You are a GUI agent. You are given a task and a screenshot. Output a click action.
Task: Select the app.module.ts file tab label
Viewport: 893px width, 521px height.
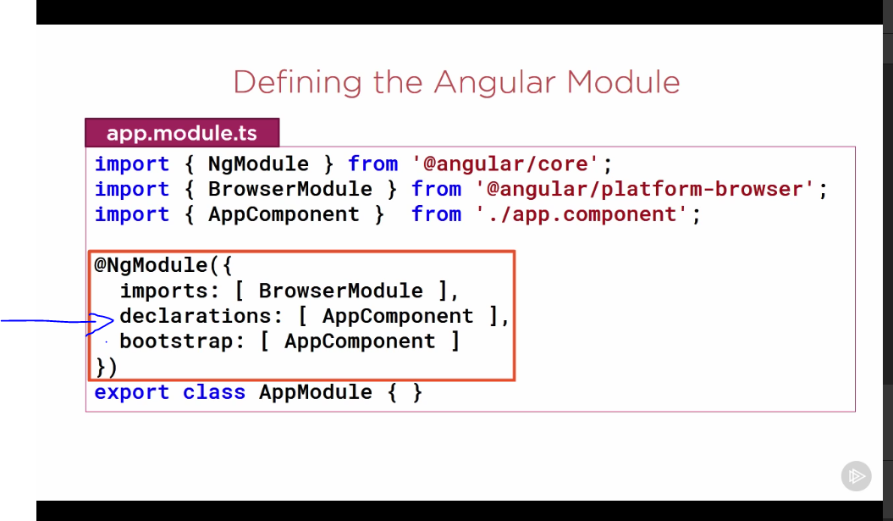click(x=182, y=134)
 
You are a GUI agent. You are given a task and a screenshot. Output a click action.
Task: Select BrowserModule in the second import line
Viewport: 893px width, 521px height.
click(x=289, y=189)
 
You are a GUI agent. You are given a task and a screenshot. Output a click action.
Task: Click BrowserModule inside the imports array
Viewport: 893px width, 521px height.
click(x=340, y=291)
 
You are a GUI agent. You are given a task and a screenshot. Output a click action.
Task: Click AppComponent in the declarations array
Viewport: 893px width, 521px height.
click(x=398, y=316)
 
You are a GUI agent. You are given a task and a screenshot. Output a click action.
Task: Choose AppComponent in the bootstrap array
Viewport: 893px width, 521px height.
click(x=360, y=341)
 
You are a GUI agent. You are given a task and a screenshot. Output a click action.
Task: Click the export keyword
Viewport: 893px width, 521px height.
click(x=132, y=392)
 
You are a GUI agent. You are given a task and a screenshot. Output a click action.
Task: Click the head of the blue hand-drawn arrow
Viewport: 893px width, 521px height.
click(x=109, y=321)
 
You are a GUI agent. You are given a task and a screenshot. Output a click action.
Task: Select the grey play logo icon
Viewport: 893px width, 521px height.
click(x=856, y=476)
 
